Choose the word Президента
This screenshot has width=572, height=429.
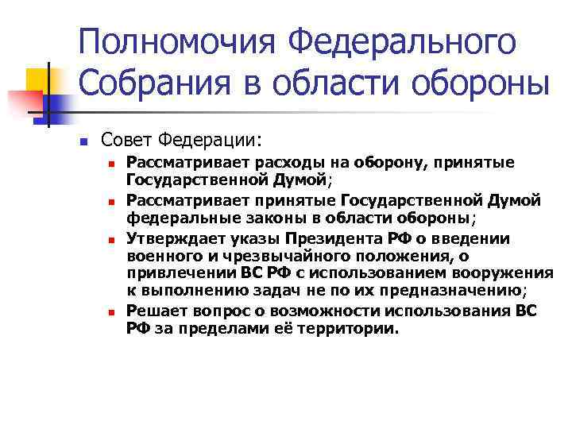click(x=334, y=238)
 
